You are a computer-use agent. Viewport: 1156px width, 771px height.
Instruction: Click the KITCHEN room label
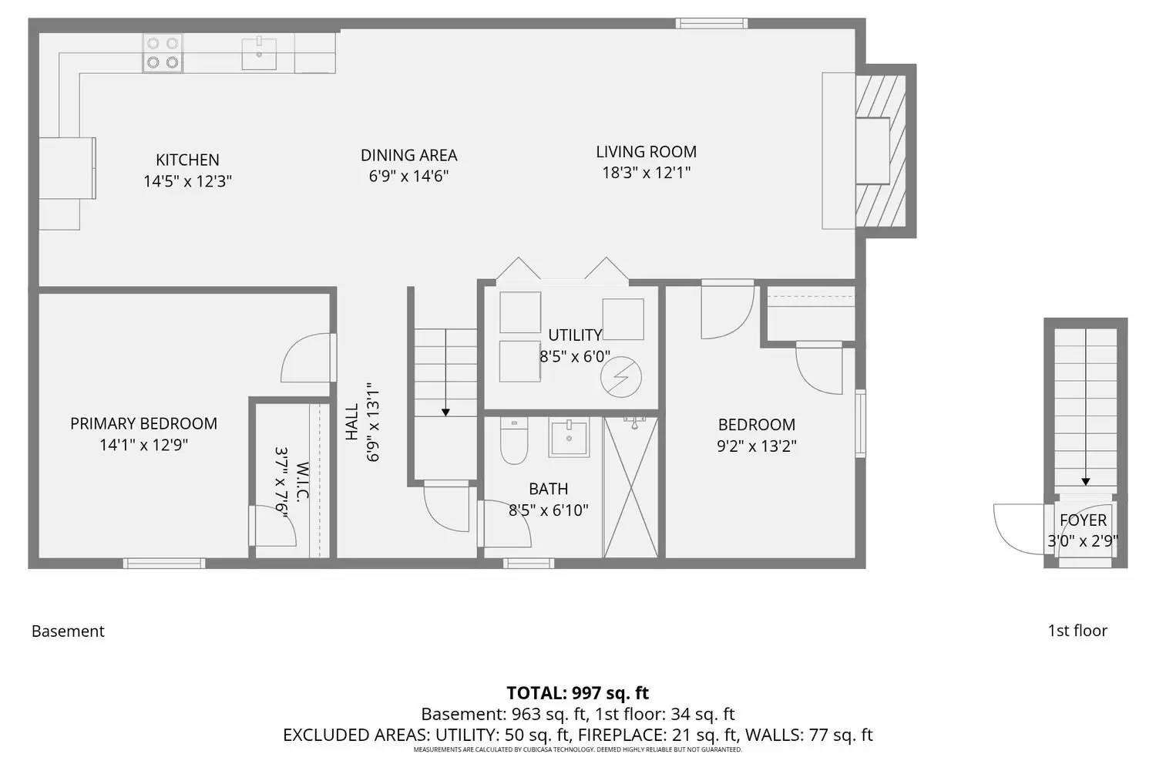pos(187,160)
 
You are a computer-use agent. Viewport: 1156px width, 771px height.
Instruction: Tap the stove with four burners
pos(163,53)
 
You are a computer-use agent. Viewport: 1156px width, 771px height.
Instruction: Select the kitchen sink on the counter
pos(259,53)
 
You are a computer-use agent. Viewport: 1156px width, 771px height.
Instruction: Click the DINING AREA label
pos(408,155)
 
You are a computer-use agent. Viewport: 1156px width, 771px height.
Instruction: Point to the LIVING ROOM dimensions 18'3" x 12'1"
pos(646,173)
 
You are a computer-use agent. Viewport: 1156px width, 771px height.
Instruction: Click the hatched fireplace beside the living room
pos(882,150)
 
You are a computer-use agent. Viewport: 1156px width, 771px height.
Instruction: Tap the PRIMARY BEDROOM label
pos(143,423)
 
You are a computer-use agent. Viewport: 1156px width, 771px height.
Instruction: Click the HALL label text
pos(351,423)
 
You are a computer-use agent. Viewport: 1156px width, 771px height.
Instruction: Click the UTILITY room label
pos(574,335)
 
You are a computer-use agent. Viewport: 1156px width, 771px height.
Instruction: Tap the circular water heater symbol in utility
pos(622,378)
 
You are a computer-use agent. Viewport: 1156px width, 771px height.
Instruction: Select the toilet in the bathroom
pos(513,443)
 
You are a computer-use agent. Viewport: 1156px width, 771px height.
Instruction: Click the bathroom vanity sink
pos(569,438)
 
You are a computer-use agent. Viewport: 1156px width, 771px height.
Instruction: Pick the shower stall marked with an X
pos(630,487)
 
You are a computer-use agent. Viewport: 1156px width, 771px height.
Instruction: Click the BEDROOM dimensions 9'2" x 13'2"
pos(756,446)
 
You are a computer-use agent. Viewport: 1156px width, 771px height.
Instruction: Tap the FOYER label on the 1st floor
pos(1083,520)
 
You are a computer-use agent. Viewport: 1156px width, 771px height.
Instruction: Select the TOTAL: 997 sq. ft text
pos(577,692)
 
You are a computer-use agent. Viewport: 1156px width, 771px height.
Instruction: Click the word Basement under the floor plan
pos(68,631)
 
